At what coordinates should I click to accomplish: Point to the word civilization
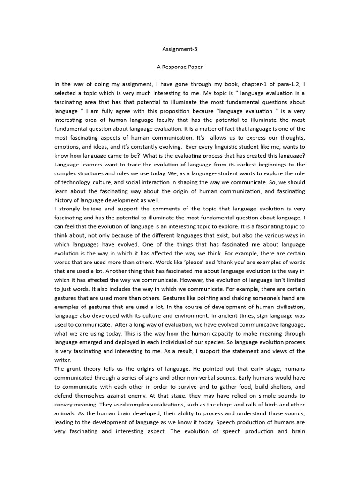click(x=290, y=307)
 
